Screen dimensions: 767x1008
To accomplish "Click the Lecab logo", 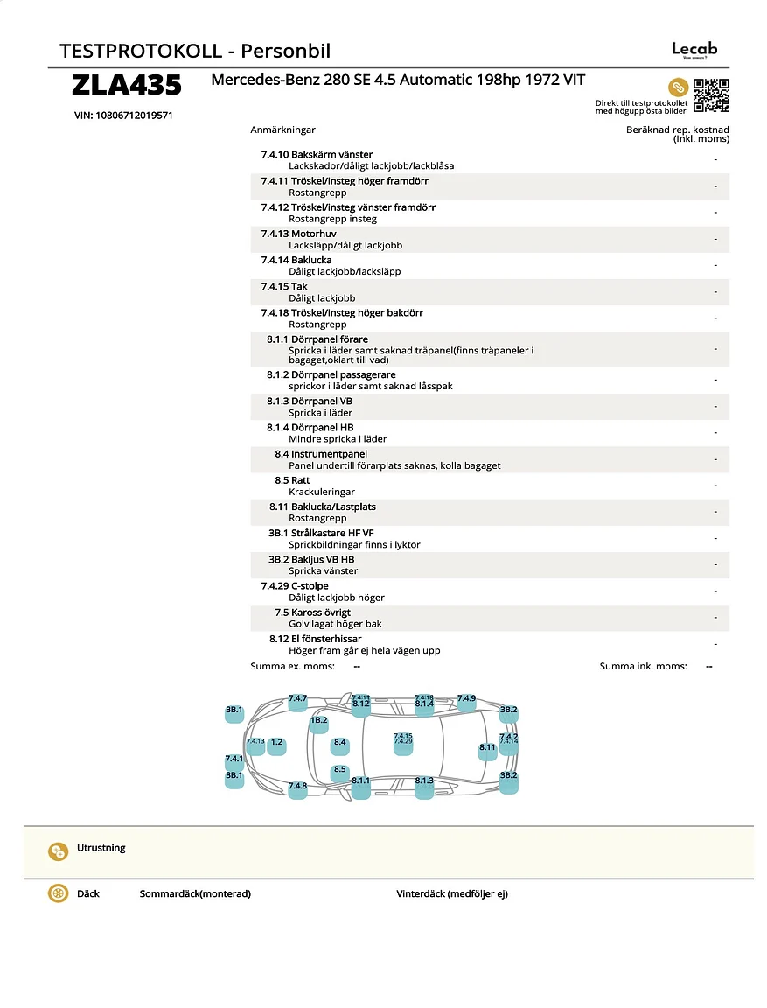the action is point(694,50).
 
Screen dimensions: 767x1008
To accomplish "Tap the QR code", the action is point(711,95).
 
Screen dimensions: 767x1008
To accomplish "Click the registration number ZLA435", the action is point(127,86).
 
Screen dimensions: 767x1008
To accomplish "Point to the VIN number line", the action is point(123,115).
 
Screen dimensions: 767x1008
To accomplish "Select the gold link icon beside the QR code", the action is point(678,87).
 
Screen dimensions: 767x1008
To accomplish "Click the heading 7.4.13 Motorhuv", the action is point(298,234).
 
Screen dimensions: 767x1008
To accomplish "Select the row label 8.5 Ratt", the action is point(292,480).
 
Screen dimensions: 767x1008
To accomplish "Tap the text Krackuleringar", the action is point(322,492).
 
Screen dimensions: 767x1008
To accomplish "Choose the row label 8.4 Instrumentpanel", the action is point(321,454).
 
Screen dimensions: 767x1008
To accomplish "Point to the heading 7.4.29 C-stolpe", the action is point(295,586).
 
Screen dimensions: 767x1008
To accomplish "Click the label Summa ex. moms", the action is point(292,667).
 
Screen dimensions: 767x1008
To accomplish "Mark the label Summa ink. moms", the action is point(643,667).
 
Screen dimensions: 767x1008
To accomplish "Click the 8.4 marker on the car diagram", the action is point(340,745).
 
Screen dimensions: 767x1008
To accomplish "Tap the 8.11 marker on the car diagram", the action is point(487,750).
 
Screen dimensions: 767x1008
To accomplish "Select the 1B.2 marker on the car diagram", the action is point(318,723).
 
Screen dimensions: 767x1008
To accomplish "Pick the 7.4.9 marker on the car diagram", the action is point(466,700).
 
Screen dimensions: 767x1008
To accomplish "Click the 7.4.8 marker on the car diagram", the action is point(297,787).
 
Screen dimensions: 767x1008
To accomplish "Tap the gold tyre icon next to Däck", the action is point(59,894).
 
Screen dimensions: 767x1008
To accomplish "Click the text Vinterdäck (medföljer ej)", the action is point(451,894).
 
